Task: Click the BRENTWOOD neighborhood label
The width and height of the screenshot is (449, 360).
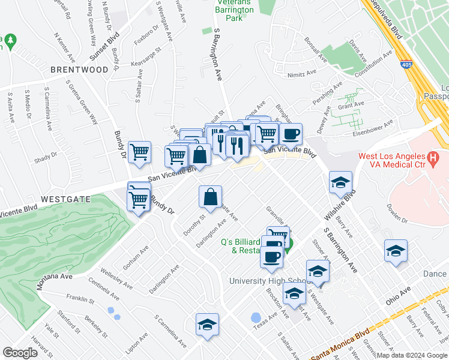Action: (80, 70)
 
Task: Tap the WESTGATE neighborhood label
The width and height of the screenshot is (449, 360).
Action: (65, 199)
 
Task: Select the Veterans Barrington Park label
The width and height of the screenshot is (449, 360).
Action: (235, 10)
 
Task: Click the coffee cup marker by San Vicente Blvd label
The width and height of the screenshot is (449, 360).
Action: (291, 134)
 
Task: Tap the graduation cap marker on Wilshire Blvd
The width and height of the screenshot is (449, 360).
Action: (340, 183)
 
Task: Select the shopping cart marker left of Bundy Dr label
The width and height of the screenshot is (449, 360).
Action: (140, 152)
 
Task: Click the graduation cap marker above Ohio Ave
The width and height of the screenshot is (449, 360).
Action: (396, 251)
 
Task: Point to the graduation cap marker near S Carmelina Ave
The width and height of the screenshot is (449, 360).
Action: (208, 325)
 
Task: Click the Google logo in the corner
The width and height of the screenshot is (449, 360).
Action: (20, 353)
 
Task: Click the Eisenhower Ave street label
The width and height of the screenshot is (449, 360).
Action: (372, 126)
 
